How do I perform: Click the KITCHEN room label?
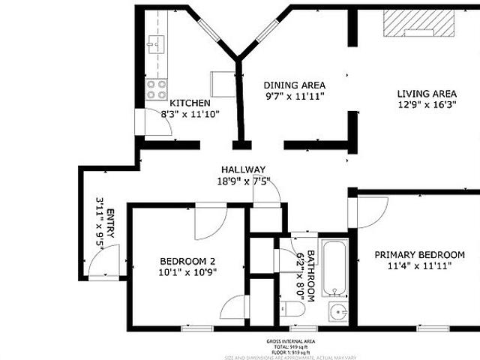coord(190,103)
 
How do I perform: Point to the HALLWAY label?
coord(243,169)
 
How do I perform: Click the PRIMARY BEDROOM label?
coord(419,254)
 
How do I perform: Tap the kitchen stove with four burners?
coord(157,91)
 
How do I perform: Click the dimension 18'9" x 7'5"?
coord(243,181)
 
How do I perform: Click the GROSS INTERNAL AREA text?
coord(290,341)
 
